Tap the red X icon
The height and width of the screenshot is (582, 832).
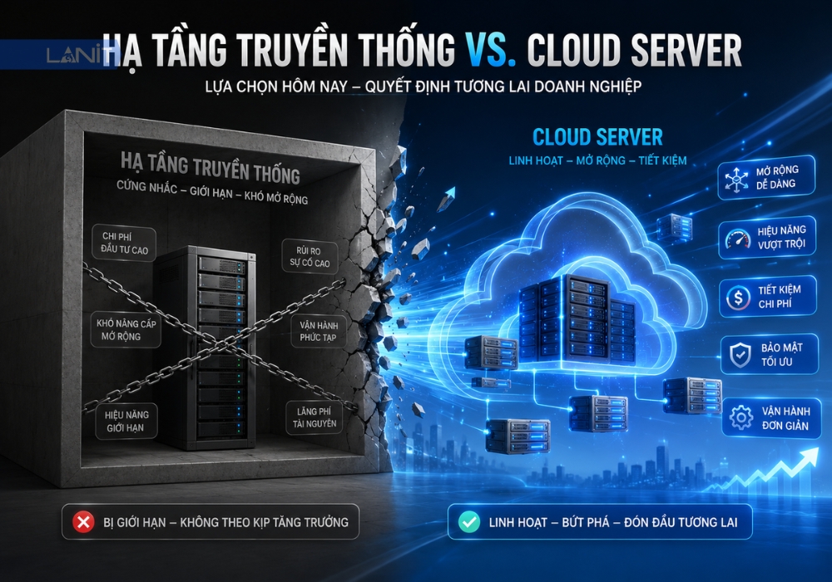pyautogui.click(x=83, y=522)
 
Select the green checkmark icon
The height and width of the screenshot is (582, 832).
pyautogui.click(x=469, y=522)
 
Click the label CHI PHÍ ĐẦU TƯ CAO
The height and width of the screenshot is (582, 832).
pyautogui.click(x=124, y=244)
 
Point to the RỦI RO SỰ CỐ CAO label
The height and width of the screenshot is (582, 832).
pyautogui.click(x=310, y=257)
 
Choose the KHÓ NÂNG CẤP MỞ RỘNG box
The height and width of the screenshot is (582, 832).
pyautogui.click(x=126, y=330)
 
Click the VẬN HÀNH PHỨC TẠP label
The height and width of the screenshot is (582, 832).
pyautogui.click(x=318, y=331)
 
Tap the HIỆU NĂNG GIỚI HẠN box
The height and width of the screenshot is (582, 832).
pyautogui.click(x=126, y=421)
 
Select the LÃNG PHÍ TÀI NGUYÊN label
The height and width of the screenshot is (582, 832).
pyautogui.click(x=314, y=417)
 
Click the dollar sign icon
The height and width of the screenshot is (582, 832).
pyautogui.click(x=738, y=297)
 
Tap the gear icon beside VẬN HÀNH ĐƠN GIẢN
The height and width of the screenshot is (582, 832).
pyautogui.click(x=741, y=417)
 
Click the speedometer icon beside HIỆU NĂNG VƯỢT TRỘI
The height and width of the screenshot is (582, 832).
pyautogui.click(x=737, y=239)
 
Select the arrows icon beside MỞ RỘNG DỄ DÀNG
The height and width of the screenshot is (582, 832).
pyautogui.click(x=736, y=179)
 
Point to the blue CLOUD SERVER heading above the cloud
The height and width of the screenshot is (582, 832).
pyautogui.click(x=597, y=137)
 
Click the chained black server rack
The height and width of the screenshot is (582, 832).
pyautogui.click(x=206, y=347)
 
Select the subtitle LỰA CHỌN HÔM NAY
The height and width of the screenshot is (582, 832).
pyautogui.click(x=276, y=87)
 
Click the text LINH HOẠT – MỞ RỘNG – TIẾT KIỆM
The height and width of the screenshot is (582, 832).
pyautogui.click(x=597, y=160)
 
